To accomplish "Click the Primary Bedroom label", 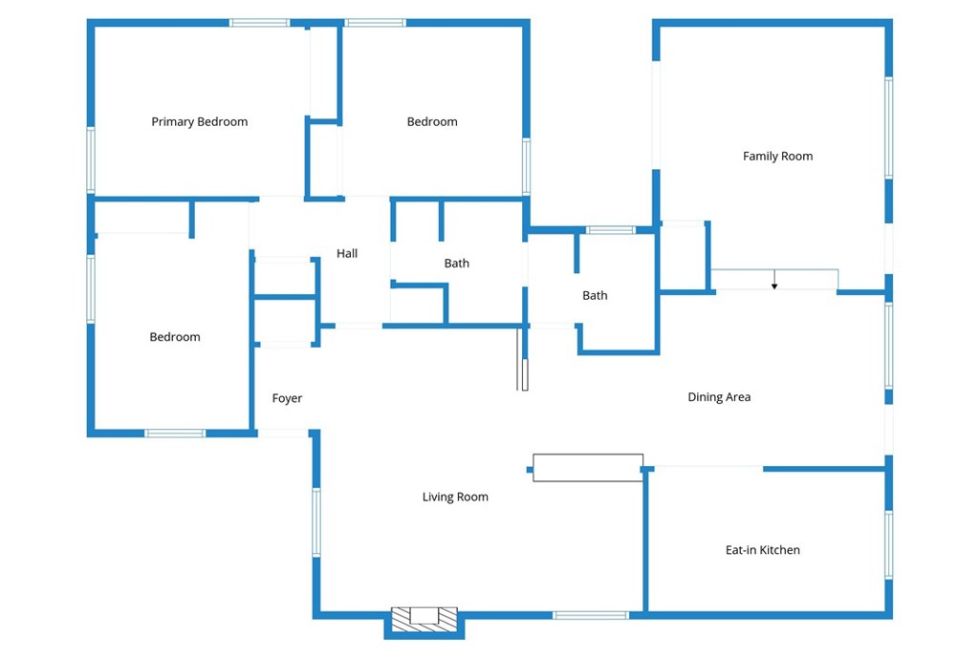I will point(199,122).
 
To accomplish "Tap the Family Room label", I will point(777,157).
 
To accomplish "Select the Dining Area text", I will point(719,397).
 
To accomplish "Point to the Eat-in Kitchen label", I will point(762,550).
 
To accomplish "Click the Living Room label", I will point(455,497).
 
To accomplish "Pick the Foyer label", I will point(287,398).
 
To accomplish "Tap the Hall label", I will point(347,254).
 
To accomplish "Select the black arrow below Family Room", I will point(774,282).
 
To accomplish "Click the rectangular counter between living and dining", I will point(587,467).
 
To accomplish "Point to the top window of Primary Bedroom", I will point(259,22).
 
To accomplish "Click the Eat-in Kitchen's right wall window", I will point(888,544).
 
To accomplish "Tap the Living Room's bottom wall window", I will point(590,615).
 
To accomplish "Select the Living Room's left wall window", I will point(315,521).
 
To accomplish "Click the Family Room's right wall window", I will point(888,127).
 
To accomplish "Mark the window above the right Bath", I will point(610,230).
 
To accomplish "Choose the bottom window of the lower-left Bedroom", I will point(175,434).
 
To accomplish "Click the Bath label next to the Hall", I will point(456,264).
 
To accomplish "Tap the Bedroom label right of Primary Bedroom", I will point(432,122).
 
